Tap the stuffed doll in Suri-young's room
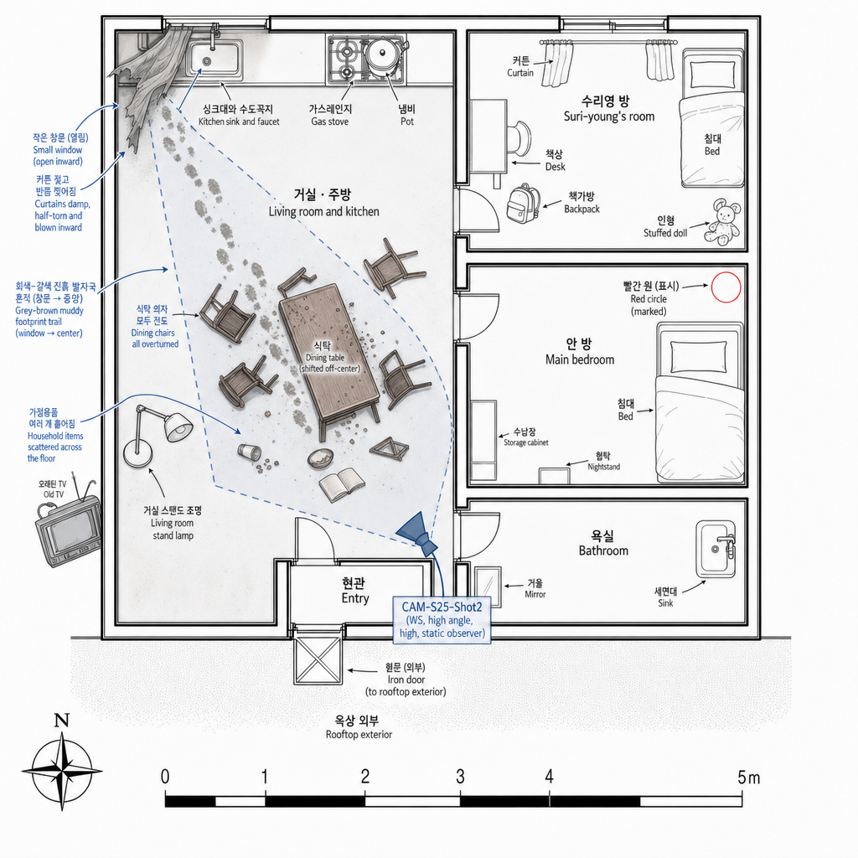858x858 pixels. (x=722, y=223)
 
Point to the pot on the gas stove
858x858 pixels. (x=384, y=55)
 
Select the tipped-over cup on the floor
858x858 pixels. (x=250, y=452)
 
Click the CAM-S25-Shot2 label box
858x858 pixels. (x=442, y=619)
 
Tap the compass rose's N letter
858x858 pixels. (x=62, y=720)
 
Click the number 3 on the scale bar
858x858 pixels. (x=460, y=776)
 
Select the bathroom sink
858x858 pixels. (x=716, y=548)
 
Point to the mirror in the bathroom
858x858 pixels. (x=488, y=587)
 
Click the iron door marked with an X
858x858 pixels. (x=318, y=660)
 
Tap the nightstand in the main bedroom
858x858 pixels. (x=555, y=476)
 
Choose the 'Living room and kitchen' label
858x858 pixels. (x=323, y=211)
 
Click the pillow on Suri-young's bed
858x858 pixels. (x=712, y=74)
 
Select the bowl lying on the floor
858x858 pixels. (x=321, y=458)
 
